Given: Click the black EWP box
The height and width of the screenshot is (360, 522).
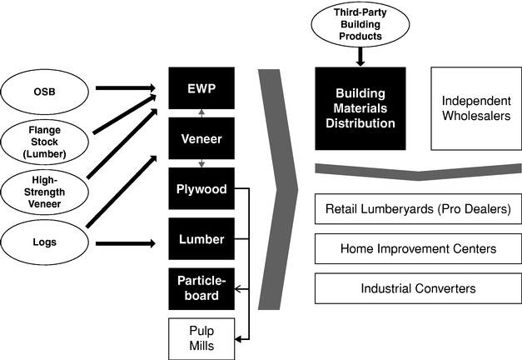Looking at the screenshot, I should point(201,87).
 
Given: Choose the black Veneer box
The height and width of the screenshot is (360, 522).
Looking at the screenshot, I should point(201,137).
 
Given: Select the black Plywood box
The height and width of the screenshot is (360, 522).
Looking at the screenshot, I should point(201,188).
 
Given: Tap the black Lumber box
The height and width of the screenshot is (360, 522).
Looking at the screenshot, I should point(201,238).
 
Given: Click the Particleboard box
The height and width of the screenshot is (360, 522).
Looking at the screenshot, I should point(201,288).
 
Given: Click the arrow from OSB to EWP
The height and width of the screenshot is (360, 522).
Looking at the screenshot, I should point(125,87).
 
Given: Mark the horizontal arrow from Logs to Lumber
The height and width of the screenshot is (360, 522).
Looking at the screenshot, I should point(125,243).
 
